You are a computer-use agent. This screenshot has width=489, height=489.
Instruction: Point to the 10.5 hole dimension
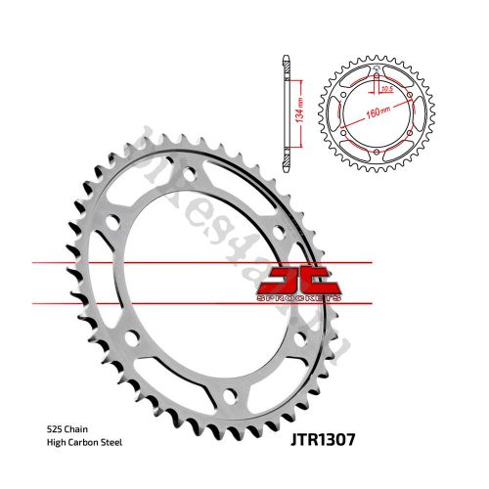pos(387,90)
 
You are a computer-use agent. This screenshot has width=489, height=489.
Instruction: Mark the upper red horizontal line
pos(176,264)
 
